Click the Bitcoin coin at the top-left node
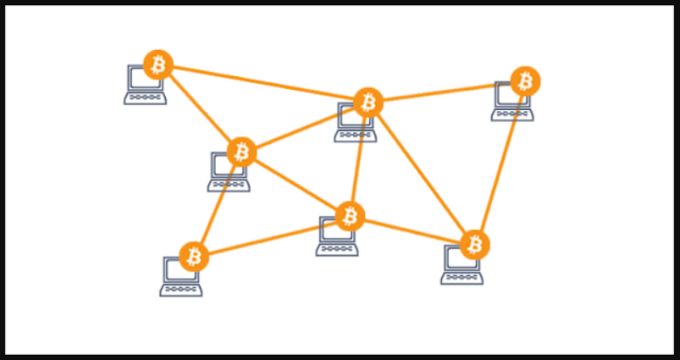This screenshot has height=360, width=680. (158, 64)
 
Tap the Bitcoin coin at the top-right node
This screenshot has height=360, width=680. (526, 81)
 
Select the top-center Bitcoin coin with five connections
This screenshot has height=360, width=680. (368, 102)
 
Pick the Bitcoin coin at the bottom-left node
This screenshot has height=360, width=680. (194, 256)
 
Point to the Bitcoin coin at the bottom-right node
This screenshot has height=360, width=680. (475, 245)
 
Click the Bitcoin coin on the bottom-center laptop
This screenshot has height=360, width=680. (349, 216)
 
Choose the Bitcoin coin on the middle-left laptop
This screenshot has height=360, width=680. (242, 152)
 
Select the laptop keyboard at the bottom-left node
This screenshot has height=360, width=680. (181, 289)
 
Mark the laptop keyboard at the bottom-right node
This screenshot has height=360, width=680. (462, 277)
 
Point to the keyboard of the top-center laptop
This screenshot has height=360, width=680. (356, 136)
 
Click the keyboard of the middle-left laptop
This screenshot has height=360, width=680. (229, 185)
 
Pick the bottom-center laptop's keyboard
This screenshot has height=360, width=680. (337, 249)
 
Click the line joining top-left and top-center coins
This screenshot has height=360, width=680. (263, 83)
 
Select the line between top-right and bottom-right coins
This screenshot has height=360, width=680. (501, 161)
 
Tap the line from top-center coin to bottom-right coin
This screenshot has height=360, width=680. (422, 174)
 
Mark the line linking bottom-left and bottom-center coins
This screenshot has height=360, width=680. (271, 236)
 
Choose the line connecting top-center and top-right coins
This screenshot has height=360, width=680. (447, 91)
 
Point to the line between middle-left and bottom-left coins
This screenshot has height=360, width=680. (218, 203)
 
